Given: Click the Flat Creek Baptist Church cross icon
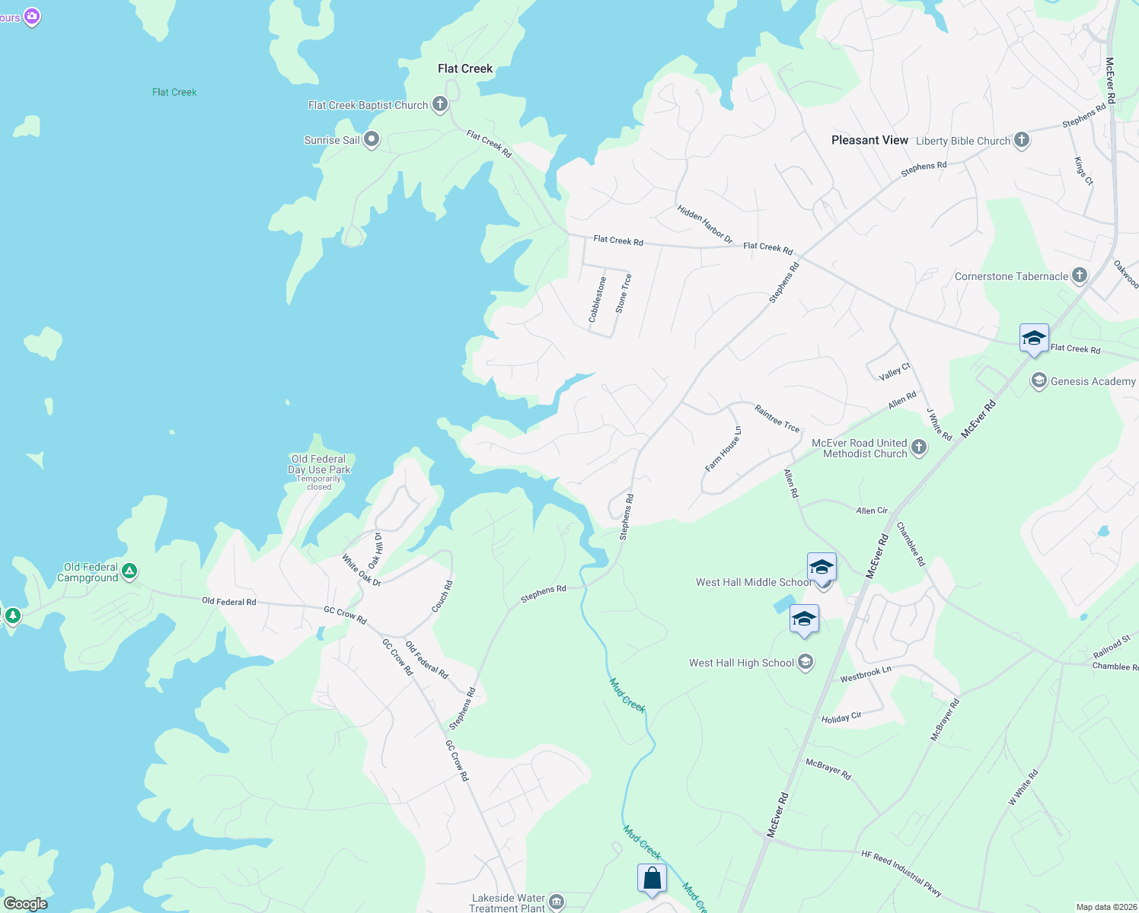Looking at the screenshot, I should pyautogui.click(x=440, y=104).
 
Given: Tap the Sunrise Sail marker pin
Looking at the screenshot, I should pyautogui.click(x=372, y=139).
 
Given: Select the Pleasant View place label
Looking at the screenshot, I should pyautogui.click(x=869, y=140).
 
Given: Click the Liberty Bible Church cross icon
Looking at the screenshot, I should pyautogui.click(x=1022, y=140).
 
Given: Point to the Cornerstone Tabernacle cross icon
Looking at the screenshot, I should pyautogui.click(x=1080, y=275).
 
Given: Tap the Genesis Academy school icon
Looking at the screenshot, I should pyautogui.click(x=1038, y=381).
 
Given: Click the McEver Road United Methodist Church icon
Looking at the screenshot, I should pyautogui.click(x=919, y=447).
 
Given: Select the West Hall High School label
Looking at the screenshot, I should pyautogui.click(x=742, y=663).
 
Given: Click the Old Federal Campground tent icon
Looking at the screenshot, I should pyautogui.click(x=129, y=571).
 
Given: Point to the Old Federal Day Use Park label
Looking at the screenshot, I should pyautogui.click(x=319, y=465).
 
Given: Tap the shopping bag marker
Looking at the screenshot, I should pyautogui.click(x=652, y=879).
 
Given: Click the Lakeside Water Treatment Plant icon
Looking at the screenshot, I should pyautogui.click(x=557, y=902).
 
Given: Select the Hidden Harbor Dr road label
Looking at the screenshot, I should pyautogui.click(x=704, y=224).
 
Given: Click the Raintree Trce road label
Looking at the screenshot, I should pyautogui.click(x=777, y=418).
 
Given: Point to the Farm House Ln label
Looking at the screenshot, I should pyautogui.click(x=723, y=449).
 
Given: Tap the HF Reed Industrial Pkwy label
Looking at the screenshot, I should pyautogui.click(x=901, y=873).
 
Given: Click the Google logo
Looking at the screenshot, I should pyautogui.click(x=26, y=903).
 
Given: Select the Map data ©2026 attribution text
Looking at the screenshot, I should pyautogui.click(x=1104, y=907).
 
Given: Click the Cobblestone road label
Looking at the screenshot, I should pyautogui.click(x=598, y=299).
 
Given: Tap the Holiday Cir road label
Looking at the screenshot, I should pyautogui.click(x=841, y=717).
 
